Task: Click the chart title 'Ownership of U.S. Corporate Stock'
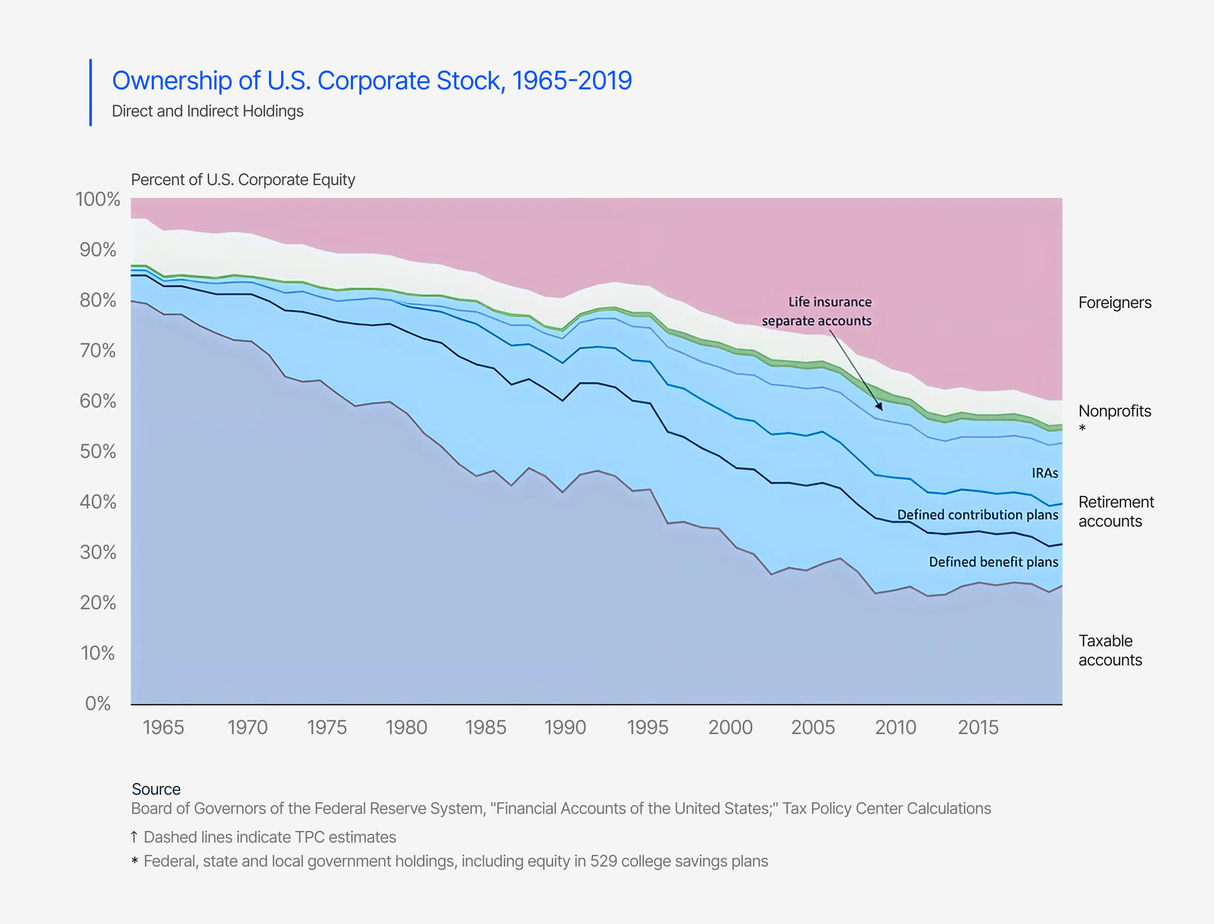tap(372, 81)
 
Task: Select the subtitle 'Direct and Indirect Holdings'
tap(207, 111)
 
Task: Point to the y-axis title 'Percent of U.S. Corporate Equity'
tap(242, 180)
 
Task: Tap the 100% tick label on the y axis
tap(97, 199)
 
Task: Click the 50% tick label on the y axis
tap(98, 452)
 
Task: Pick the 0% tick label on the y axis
tap(98, 703)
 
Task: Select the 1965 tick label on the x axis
tap(163, 728)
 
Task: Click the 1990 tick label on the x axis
tap(565, 728)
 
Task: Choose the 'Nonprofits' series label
tap(1114, 411)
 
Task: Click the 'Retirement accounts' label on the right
tap(1115, 511)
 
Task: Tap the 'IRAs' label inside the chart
tap(1045, 473)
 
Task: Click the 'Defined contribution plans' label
tap(978, 515)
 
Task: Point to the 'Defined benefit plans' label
tap(993, 562)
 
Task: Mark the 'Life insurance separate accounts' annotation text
tap(817, 311)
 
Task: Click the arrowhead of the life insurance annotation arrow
tap(880, 408)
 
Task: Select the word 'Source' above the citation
tap(156, 789)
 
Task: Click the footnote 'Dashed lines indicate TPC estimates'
tap(270, 837)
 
